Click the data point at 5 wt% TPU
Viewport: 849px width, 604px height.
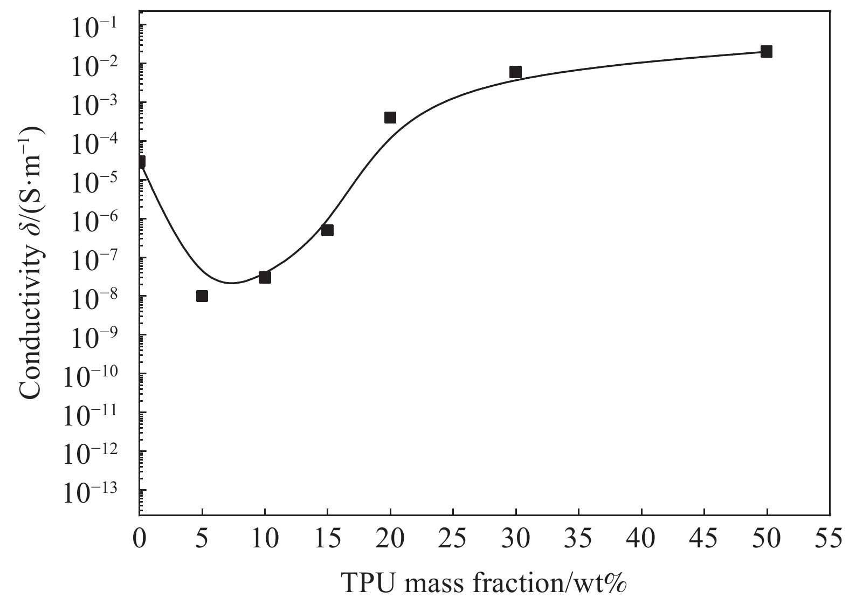(x=202, y=296)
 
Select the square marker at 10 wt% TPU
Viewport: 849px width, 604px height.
(x=265, y=277)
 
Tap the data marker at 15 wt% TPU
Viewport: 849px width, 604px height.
(x=327, y=230)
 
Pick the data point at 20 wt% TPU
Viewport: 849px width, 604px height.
(x=390, y=118)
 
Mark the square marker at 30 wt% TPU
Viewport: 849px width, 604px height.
(x=516, y=72)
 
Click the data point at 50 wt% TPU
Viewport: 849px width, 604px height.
(x=767, y=52)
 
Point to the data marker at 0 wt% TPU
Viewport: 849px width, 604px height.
(x=141, y=162)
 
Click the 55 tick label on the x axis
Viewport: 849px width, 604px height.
(x=829, y=540)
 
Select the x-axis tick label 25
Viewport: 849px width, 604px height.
(x=453, y=540)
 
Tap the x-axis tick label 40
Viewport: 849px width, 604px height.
(x=641, y=540)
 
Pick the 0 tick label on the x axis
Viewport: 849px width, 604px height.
(x=140, y=540)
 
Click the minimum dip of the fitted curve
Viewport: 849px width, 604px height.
(x=232, y=283)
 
